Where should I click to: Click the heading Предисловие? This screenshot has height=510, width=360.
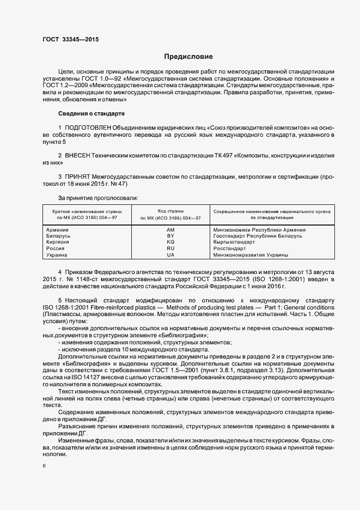point(189,57)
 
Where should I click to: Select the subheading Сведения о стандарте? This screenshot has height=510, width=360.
point(91,113)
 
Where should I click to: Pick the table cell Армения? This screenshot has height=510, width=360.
point(58,230)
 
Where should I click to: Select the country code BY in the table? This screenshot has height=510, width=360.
point(170,236)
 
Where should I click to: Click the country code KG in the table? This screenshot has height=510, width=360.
point(170,242)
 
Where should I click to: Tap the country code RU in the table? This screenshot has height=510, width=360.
point(170,248)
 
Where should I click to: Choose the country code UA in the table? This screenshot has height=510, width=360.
point(170,254)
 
